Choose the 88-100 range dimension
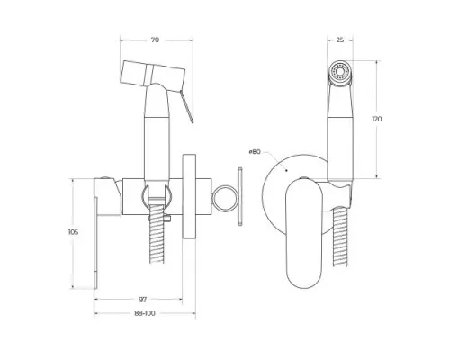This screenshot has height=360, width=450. [144, 312]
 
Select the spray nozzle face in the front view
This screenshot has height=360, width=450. [337, 72]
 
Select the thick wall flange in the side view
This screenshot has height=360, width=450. [189, 198]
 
